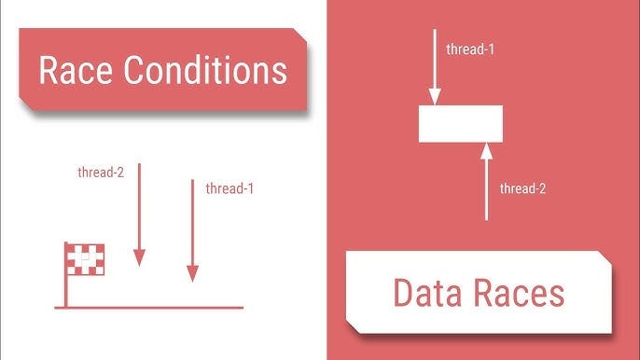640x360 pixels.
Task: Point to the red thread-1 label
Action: click(x=230, y=188)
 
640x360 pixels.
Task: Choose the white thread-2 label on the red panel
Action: click(x=523, y=188)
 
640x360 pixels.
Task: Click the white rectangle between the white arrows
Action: click(x=461, y=123)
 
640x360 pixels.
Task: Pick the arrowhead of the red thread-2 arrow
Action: click(x=140, y=257)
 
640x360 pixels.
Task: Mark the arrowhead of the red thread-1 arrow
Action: click(x=192, y=272)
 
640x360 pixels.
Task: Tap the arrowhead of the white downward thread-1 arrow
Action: click(x=435, y=96)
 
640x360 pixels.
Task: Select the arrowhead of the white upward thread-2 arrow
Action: click(x=486, y=150)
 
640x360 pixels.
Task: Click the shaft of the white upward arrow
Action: click(x=486, y=191)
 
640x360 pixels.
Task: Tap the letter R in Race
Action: click(x=49, y=70)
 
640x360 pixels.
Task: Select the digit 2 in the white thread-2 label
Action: click(x=541, y=188)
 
